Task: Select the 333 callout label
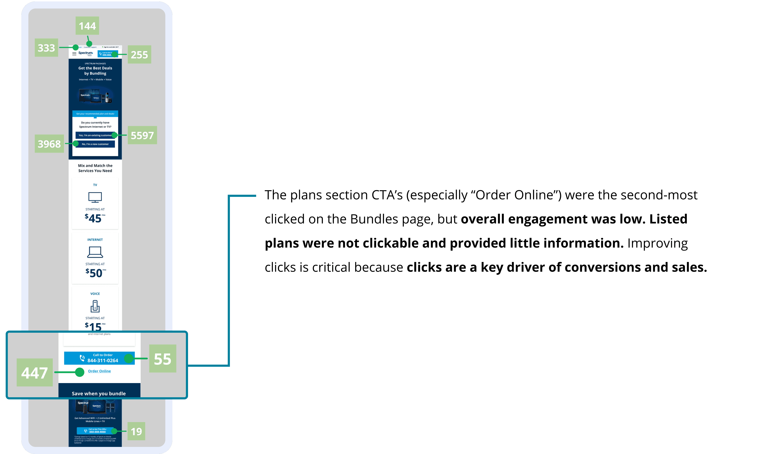pos(46,48)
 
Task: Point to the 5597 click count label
pos(142,135)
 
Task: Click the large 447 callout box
pos(35,373)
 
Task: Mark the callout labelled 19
pos(136,431)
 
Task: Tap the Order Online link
pos(100,371)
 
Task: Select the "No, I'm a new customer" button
pos(95,144)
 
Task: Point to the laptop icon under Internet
pos(95,252)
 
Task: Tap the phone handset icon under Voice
pos(95,306)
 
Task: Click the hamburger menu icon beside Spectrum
pos(74,54)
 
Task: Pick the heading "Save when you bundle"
pos(99,393)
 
